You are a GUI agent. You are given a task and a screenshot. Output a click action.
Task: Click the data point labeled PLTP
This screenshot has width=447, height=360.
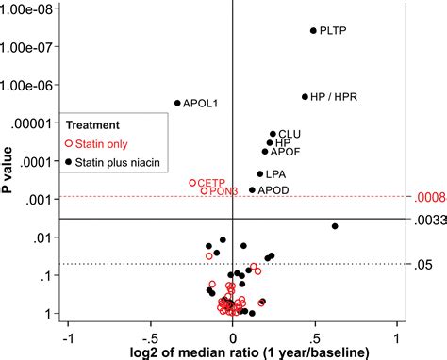pos(314,31)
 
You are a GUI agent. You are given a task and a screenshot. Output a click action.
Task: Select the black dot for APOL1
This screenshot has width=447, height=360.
pos(177,103)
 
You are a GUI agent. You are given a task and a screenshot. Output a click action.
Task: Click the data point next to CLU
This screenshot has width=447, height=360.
pos(273,135)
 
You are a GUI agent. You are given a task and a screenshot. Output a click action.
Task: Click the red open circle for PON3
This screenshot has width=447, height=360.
pos(205,191)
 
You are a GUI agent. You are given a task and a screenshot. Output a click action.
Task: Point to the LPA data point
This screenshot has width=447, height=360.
pos(260,173)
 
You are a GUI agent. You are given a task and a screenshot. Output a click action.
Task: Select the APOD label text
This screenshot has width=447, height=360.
pos(273,190)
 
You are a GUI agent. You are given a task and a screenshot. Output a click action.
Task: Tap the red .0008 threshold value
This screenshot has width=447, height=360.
pos(427,197)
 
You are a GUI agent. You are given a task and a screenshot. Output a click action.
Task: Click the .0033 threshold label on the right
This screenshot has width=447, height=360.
pos(427,219)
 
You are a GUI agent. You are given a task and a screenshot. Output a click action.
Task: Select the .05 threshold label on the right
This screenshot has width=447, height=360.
pos(422,265)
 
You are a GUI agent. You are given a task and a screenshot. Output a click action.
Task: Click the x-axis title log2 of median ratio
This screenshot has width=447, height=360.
pos(232,352)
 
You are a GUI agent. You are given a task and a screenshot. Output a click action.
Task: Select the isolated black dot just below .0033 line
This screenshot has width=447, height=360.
pos(335,226)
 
